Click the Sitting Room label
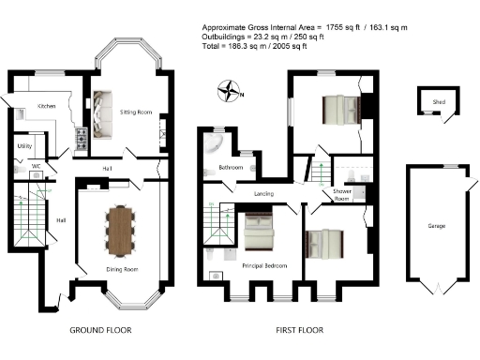tap(136, 111)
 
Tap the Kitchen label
tap(47, 106)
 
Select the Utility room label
tap(25, 147)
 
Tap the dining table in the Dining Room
tap(121, 230)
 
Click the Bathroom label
tap(232, 167)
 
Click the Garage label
tap(436, 227)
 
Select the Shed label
tap(438, 101)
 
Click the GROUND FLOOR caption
tap(101, 331)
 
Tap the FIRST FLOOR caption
tap(299, 331)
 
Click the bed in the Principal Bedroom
tap(258, 232)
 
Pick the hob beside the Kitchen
tap(81, 141)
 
